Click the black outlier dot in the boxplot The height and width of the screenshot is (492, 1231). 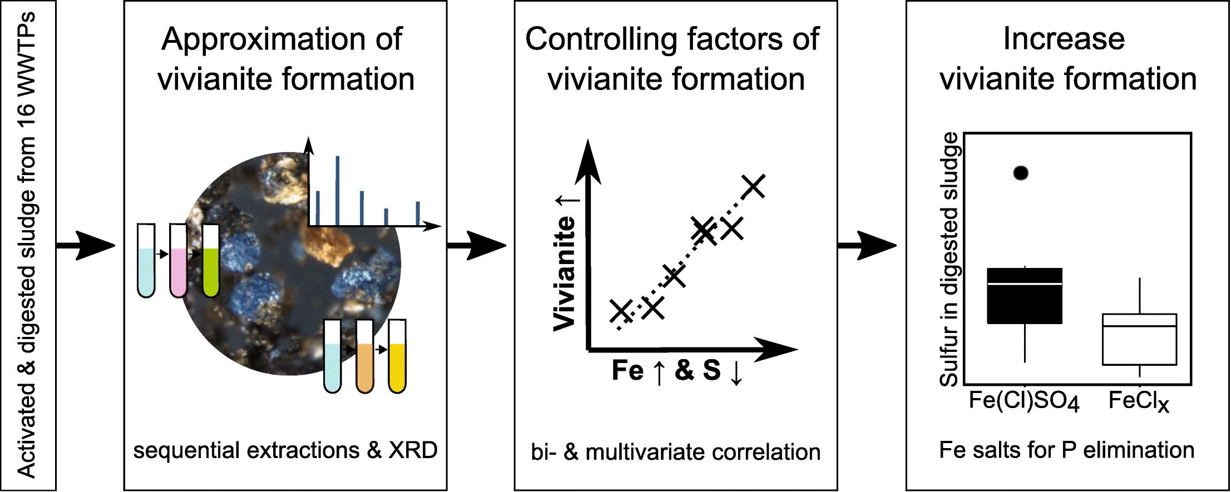pyautogui.click(x=1021, y=173)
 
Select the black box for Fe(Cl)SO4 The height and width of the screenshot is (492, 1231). pyautogui.click(x=1024, y=296)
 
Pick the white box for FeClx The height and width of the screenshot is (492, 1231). pyautogui.click(x=1139, y=339)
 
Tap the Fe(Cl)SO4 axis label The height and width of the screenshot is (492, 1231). pyautogui.click(x=1024, y=402)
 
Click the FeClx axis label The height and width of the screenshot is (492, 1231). pyautogui.click(x=1138, y=402)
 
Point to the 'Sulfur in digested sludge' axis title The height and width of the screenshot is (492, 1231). pyautogui.click(x=949, y=259)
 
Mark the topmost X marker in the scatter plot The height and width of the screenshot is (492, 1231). pyautogui.click(x=754, y=186)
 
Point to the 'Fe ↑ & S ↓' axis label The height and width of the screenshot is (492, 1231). pyautogui.click(x=677, y=371)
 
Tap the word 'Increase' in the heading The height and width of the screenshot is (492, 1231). pyautogui.click(x=1064, y=39)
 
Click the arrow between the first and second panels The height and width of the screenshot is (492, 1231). pyautogui.click(x=86, y=245)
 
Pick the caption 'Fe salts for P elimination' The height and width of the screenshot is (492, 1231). pyautogui.click(x=1066, y=450)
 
